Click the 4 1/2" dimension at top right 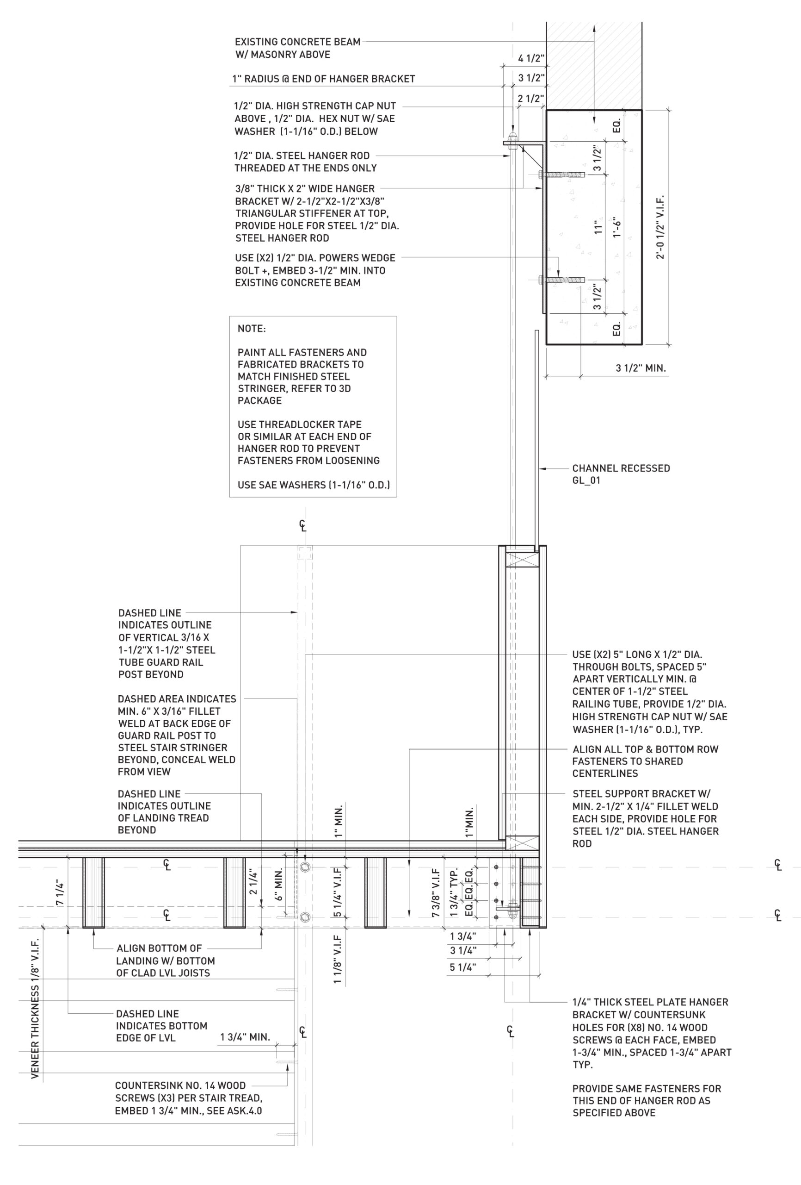point(530,58)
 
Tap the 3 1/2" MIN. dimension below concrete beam point(640,368)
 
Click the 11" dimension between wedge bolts point(598,227)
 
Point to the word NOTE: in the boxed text point(251,329)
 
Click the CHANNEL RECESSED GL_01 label point(620,474)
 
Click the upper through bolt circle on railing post point(305,867)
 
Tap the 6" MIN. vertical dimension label point(278,888)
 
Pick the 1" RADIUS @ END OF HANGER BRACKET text point(324,79)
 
